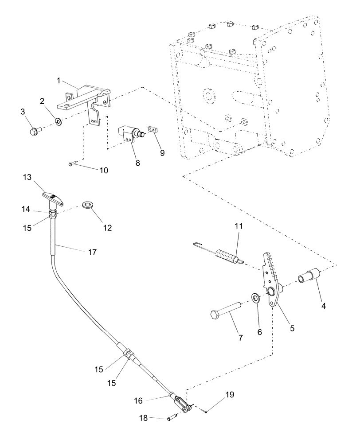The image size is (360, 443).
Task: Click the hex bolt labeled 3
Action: coord(34,131)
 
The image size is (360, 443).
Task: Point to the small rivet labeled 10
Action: coord(72,164)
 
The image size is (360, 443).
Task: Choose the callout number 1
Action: coord(58,81)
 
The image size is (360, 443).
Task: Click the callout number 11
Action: coord(239,226)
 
